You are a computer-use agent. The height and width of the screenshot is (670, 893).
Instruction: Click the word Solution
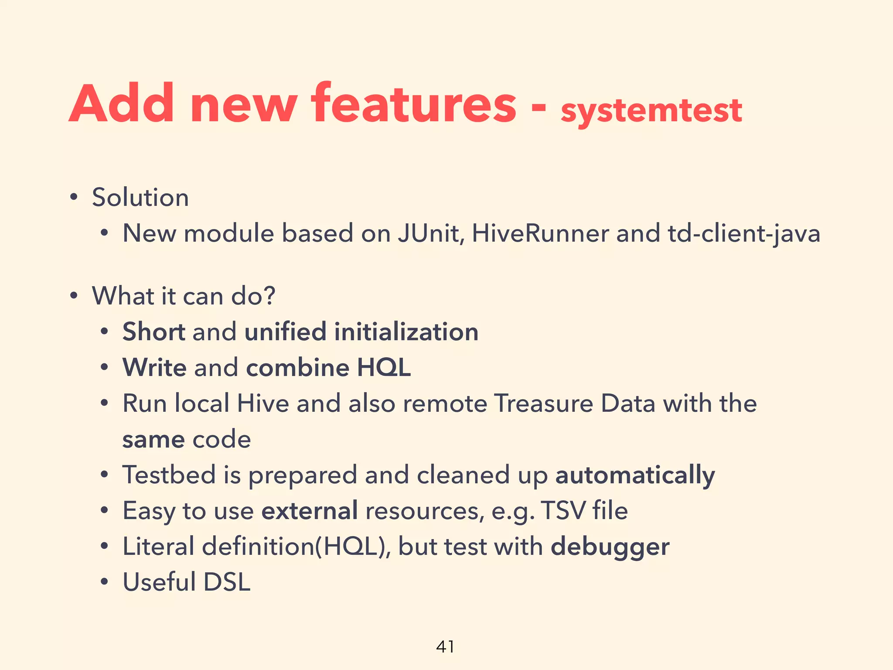(x=140, y=197)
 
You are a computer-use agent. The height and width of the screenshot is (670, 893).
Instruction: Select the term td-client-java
(x=744, y=234)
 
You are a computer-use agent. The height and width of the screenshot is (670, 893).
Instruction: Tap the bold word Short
(x=154, y=332)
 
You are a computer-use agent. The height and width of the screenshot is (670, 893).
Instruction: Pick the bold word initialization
(x=406, y=332)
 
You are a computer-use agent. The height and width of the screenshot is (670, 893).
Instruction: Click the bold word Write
(x=155, y=367)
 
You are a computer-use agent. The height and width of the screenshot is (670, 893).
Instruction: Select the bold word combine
(x=297, y=367)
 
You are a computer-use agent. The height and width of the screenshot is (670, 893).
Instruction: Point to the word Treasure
(x=544, y=403)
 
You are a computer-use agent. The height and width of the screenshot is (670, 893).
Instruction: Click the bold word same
(x=153, y=440)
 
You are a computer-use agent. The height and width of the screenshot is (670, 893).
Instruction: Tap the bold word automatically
(x=635, y=475)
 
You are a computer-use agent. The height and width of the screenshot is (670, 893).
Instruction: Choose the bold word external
(x=310, y=510)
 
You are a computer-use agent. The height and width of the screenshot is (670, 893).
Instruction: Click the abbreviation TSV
(x=562, y=510)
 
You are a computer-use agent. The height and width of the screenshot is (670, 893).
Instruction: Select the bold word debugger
(x=610, y=547)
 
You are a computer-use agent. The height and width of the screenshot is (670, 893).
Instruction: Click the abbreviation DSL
(x=227, y=582)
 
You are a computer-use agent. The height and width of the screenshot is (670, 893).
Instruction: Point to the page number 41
(x=445, y=646)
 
